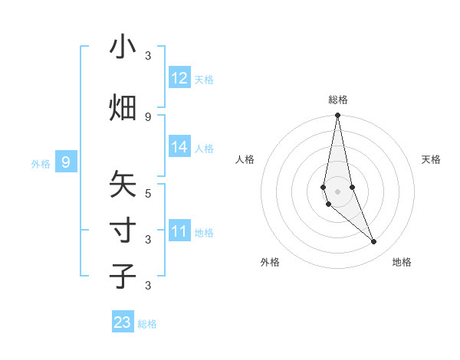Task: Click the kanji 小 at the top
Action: [123, 47]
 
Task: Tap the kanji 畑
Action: [123, 108]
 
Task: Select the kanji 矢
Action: [123, 185]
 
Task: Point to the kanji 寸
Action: [123, 231]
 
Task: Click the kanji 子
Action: [123, 277]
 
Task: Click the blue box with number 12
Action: [179, 78]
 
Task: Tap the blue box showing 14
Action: [179, 147]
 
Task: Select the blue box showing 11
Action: [179, 231]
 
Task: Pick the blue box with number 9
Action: [67, 162]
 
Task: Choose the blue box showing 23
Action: [123, 322]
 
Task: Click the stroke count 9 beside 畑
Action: [148, 116]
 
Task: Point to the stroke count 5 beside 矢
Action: [148, 193]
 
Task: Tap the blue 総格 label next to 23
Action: [147, 324]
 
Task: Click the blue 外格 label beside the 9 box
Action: [41, 163]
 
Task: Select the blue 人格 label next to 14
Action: [204, 148]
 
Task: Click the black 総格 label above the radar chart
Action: [338, 100]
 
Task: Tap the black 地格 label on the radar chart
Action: [402, 262]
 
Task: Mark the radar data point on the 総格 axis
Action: [337, 116]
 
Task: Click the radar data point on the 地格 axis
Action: [374, 242]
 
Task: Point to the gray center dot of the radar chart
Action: [337, 191]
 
